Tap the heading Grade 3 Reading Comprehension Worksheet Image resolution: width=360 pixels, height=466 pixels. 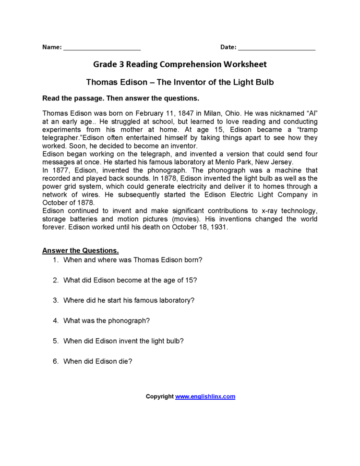click(x=180, y=64)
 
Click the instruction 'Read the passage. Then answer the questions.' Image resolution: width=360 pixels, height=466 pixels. click(x=120, y=98)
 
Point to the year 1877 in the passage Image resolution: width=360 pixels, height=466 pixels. click(x=60, y=171)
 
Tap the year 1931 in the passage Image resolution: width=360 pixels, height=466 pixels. click(x=219, y=228)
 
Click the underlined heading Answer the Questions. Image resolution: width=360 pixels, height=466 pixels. click(x=81, y=251)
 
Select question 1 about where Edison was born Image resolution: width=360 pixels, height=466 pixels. click(x=132, y=260)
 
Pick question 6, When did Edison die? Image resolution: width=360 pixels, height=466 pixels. click(x=97, y=361)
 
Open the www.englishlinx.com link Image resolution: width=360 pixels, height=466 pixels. click(x=205, y=397)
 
